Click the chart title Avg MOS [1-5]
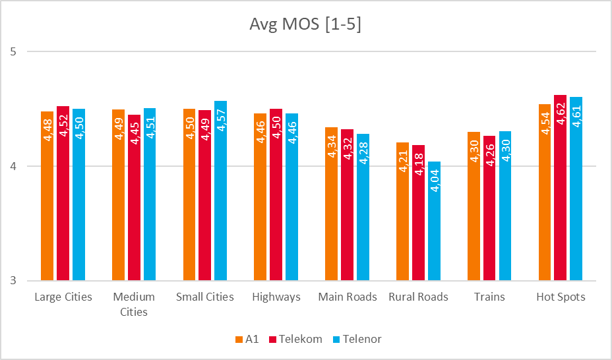pyautogui.click(x=305, y=24)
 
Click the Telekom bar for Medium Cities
pyautogui.click(x=134, y=198)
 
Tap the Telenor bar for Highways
pyautogui.click(x=291, y=197)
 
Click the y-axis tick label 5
pyautogui.click(x=13, y=51)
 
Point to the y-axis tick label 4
pyautogui.click(x=13, y=166)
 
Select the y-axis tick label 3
pyautogui.click(x=13, y=281)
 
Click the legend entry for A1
pyautogui.click(x=247, y=339)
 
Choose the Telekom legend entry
pyautogui.click(x=295, y=339)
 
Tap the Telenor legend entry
pyautogui.click(x=357, y=339)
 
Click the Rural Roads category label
pyautogui.click(x=418, y=297)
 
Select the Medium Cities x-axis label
pyautogui.click(x=134, y=304)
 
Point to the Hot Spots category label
pyautogui.click(x=561, y=297)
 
